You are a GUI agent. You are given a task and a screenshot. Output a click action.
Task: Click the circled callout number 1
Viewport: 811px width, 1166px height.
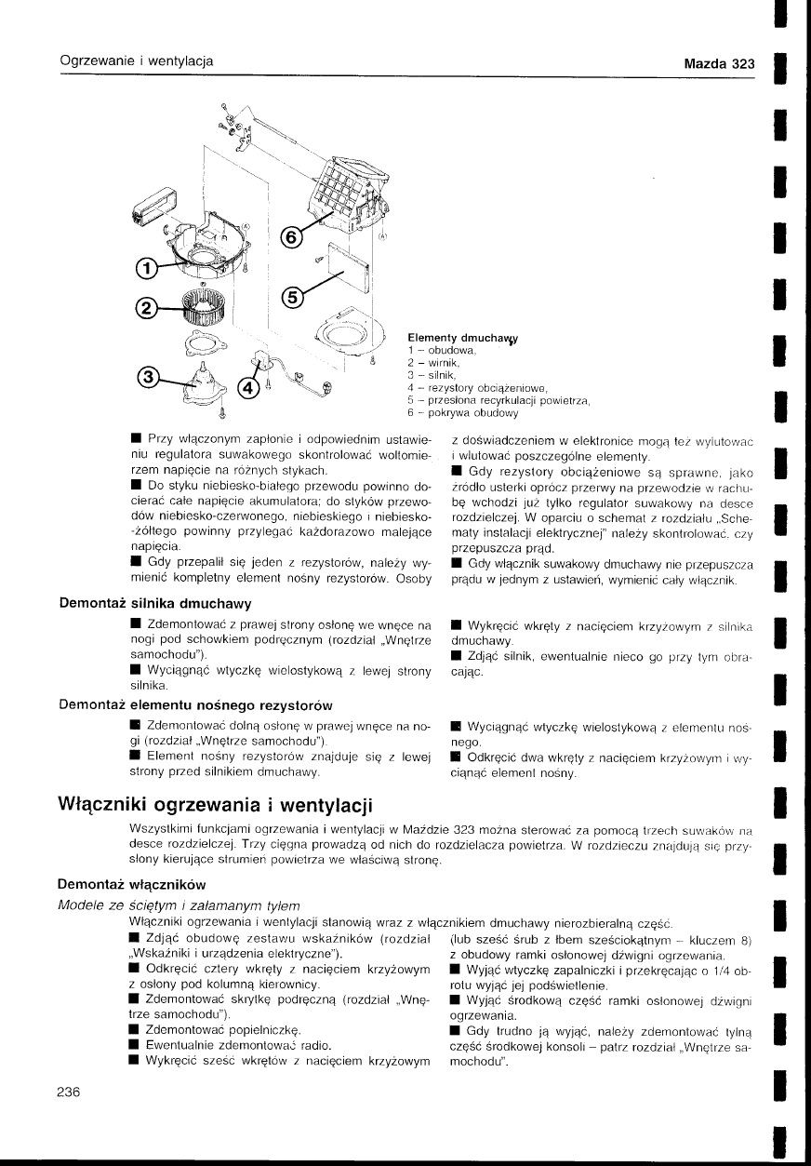pyautogui.click(x=145, y=270)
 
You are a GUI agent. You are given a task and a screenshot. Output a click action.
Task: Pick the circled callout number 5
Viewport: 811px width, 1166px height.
pyautogui.click(x=292, y=297)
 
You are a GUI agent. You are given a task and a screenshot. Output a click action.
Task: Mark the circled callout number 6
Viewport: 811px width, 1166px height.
pyautogui.click(x=292, y=238)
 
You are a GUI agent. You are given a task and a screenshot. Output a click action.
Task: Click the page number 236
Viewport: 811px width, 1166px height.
pyautogui.click(x=70, y=1092)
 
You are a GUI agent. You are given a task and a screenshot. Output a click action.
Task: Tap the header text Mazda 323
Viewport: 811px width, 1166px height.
pyautogui.click(x=718, y=65)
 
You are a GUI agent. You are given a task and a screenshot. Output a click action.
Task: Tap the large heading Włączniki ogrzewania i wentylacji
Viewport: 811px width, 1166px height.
pyautogui.click(x=214, y=802)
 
